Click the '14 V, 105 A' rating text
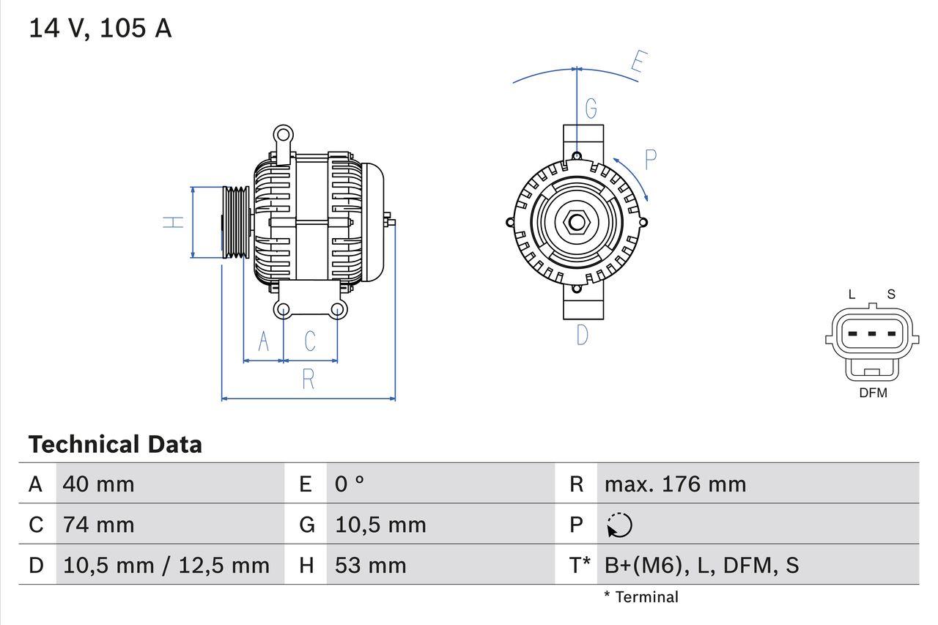click(100, 29)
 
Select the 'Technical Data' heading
click(115, 444)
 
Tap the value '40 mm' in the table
click(99, 484)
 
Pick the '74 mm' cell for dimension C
click(99, 525)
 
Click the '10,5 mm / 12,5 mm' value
click(166, 565)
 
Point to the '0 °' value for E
click(350, 484)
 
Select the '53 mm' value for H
click(370, 565)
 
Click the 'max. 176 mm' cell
click(675, 484)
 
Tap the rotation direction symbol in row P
click(619, 525)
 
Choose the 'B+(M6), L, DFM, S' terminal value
click(701, 565)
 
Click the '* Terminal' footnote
click(641, 597)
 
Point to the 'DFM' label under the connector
click(873, 393)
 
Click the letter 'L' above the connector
click(852, 295)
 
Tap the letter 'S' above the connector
click(891, 295)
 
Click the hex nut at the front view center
click(577, 221)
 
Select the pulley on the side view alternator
click(236, 222)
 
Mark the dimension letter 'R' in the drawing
click(309, 380)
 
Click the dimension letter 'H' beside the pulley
click(174, 221)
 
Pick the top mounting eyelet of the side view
click(283, 135)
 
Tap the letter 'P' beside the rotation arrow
click(649, 159)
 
